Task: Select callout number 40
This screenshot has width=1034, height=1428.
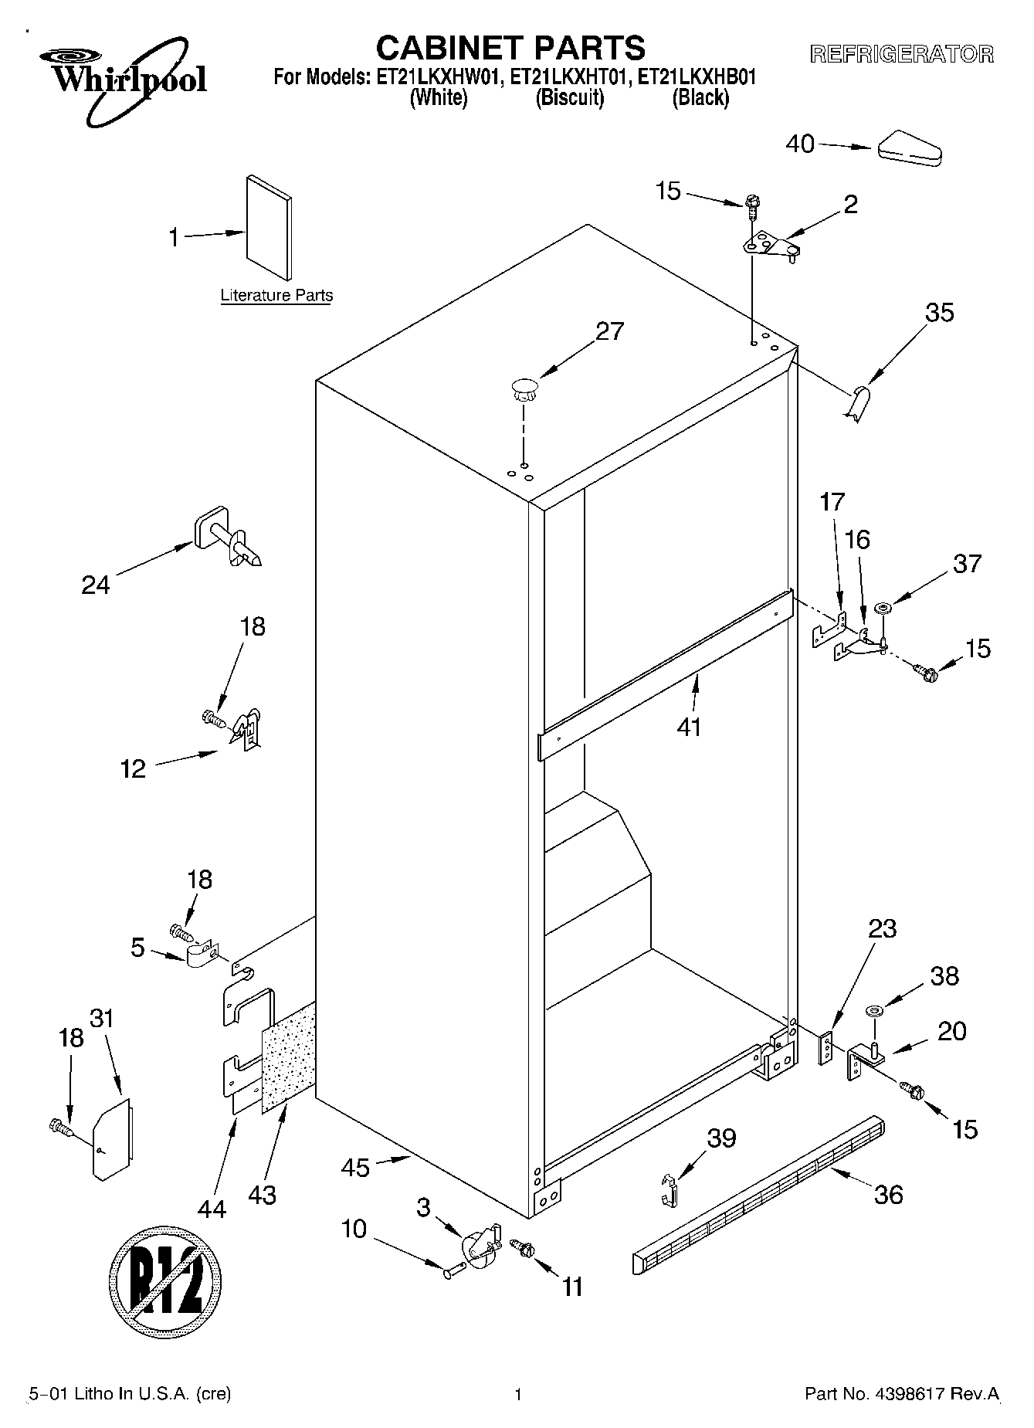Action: [800, 144]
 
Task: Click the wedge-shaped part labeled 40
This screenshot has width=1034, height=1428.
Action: [910, 150]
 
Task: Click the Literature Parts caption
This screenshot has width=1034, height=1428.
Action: [276, 295]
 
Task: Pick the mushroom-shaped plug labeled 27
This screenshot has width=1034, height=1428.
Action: [524, 388]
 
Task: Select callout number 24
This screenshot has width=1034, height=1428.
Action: [96, 585]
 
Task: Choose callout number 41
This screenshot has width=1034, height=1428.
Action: [689, 726]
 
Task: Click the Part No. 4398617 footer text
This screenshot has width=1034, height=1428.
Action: [902, 1394]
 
